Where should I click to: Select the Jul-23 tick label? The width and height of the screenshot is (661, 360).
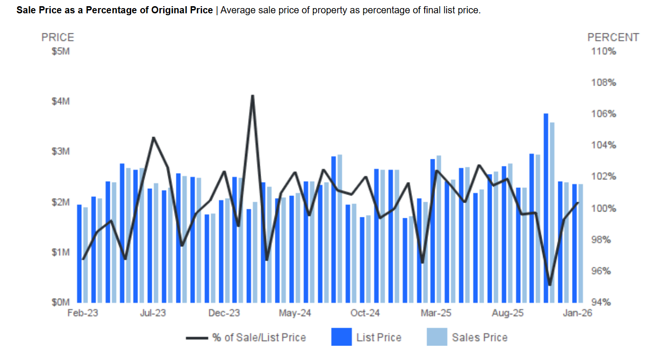coord(153,313)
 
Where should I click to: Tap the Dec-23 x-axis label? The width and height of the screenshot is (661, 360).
coord(224,313)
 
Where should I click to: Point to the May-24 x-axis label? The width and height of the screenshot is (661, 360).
coord(295,313)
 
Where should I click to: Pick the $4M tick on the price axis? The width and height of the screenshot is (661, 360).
coord(60,101)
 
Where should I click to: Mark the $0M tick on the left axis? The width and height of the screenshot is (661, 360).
coord(60,302)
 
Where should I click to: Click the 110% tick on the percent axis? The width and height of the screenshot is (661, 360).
coord(603,51)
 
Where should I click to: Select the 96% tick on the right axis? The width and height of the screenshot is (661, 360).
coord(603,271)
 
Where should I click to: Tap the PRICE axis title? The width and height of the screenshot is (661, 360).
coord(58,38)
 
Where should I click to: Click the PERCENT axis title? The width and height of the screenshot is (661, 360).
coord(613,38)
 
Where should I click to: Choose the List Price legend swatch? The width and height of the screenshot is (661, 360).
coord(341,337)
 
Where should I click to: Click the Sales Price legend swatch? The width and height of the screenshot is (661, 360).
coord(437,337)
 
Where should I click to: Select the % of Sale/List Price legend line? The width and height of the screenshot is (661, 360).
coord(196,338)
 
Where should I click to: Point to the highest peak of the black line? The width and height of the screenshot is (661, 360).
coord(253,96)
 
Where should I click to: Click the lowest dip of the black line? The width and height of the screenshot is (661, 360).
coord(550,285)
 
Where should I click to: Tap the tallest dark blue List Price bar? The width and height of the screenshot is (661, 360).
coord(546,208)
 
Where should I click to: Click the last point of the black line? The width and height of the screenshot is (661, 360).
coord(578,203)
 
